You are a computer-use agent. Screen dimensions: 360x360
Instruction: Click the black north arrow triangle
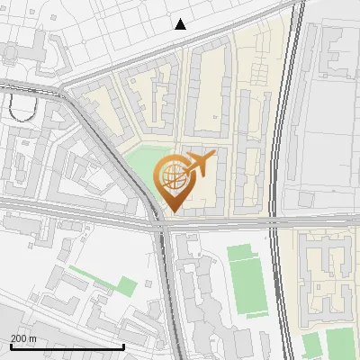click(181, 23)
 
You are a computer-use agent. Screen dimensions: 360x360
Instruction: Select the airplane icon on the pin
click(199, 164)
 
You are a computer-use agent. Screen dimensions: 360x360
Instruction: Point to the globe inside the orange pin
click(171, 175)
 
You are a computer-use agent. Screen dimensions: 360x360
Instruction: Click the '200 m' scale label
click(24, 337)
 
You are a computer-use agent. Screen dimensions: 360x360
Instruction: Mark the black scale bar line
click(67, 346)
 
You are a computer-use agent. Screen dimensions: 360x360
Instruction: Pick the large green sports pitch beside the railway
click(247, 281)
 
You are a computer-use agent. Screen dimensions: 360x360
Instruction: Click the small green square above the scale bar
click(127, 287)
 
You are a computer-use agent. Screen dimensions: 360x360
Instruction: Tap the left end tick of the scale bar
click(11, 346)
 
